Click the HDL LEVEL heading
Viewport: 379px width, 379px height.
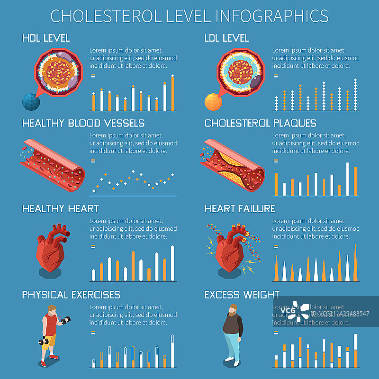46,38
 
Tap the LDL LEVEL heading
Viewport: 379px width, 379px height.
226,38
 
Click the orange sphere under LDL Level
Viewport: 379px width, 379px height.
213,101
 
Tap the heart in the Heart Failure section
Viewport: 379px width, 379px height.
229,249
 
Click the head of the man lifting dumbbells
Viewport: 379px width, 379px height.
52,310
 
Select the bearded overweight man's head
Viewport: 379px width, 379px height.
233,310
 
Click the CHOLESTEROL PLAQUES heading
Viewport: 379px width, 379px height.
260,123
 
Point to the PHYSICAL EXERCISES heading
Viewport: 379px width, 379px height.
71,295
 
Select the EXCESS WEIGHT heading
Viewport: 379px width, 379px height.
242,295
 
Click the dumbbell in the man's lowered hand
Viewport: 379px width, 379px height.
44,341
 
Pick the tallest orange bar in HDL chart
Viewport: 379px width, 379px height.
172,92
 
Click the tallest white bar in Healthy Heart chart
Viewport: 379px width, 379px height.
172,263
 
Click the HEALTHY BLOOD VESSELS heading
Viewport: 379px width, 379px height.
83,123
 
